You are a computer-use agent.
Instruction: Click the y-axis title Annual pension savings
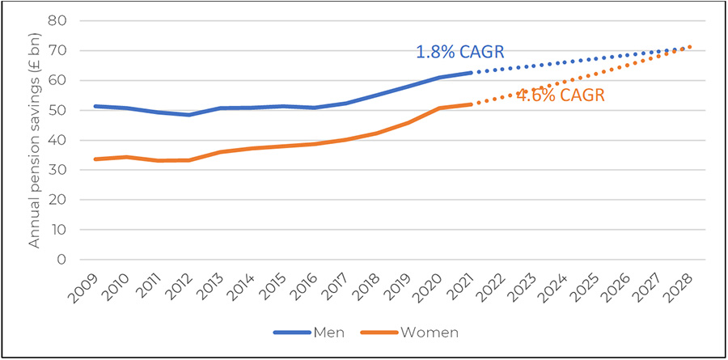tap(36, 141)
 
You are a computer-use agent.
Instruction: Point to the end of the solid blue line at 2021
tap(471, 73)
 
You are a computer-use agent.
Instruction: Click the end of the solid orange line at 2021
tap(471, 104)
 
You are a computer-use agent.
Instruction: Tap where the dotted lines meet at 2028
tap(690, 47)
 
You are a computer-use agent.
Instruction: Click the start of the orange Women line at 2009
tap(95, 159)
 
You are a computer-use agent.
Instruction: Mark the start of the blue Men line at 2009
tap(95, 106)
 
